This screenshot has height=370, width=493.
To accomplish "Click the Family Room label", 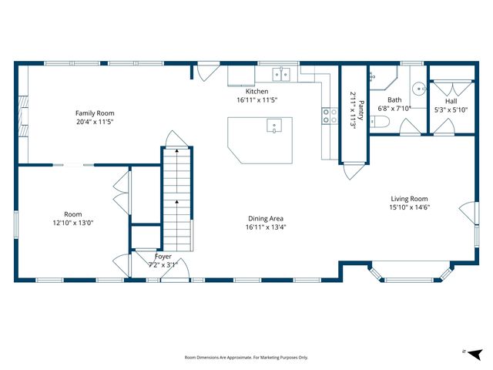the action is point(95,113).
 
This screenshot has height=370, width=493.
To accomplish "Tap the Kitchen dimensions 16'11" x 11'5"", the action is point(257,100).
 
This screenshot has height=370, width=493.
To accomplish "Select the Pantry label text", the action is point(361,110).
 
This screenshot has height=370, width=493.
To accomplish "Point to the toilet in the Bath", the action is point(380,122).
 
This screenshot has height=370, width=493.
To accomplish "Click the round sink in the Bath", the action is point(419,89).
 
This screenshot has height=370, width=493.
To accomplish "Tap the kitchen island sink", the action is point(274,125).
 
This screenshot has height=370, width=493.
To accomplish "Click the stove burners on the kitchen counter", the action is point(330,116).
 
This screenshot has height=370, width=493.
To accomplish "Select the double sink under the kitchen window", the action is point(281,74).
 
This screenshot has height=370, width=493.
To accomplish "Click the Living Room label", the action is point(409,199).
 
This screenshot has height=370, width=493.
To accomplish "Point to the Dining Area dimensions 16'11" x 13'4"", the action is point(266,227).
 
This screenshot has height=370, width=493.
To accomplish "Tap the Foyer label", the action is point(163,257).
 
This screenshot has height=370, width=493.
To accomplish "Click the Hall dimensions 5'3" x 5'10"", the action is point(451,110).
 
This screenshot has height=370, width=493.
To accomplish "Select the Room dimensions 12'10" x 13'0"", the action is point(73,223).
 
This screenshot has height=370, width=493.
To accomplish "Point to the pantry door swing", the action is point(354,170).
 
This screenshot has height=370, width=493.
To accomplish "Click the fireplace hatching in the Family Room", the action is point(24,116).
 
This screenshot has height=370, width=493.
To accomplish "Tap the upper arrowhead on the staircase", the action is point(176,151).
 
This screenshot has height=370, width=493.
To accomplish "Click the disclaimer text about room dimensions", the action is point(246,358).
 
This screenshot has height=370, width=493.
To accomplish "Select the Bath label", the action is point(394,100).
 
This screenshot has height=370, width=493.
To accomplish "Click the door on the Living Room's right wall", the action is point(469,213).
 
